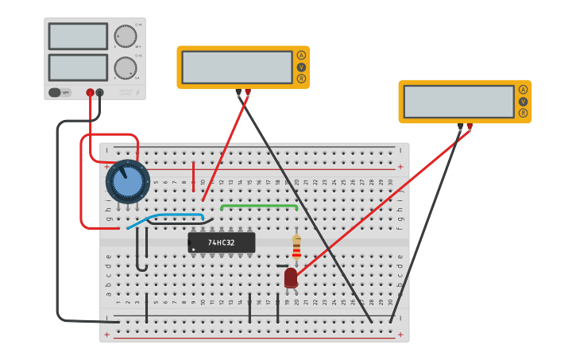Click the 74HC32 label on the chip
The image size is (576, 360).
[x=222, y=242]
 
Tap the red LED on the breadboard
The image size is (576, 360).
[x=291, y=277]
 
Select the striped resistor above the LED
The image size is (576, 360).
[x=296, y=248]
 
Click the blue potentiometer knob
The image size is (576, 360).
[x=128, y=181]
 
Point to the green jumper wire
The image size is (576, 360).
[x=259, y=205]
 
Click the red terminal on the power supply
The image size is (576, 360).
[x=90, y=93]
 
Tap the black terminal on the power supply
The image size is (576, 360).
[x=100, y=93]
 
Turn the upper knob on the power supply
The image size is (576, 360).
[x=125, y=37]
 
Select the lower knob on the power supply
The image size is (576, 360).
[x=125, y=68]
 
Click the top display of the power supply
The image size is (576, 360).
[x=78, y=37]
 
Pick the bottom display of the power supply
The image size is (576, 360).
[x=78, y=67]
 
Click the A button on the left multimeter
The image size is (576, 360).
[x=301, y=55]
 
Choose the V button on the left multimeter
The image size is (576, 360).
[x=301, y=67]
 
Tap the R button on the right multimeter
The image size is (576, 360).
[x=523, y=113]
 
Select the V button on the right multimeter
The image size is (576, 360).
[x=523, y=102]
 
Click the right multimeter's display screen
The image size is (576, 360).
[x=458, y=102]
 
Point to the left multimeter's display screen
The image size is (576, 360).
[x=237, y=68]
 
